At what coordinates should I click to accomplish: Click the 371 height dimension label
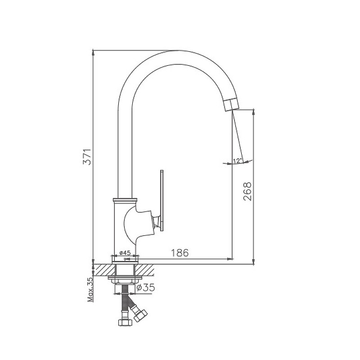pos(87,157)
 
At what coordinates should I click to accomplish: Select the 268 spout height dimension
pos(247,192)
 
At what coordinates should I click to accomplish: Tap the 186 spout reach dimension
pos(180,253)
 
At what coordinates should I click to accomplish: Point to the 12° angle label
pos(238,161)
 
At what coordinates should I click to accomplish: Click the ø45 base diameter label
pos(125,253)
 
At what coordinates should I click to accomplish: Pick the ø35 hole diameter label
pos(145,288)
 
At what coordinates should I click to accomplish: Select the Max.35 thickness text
pos(90,289)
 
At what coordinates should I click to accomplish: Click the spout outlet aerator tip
pos(231,104)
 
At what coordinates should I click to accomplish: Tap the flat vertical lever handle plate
pos(162,200)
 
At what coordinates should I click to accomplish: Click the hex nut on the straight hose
pos(126,322)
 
